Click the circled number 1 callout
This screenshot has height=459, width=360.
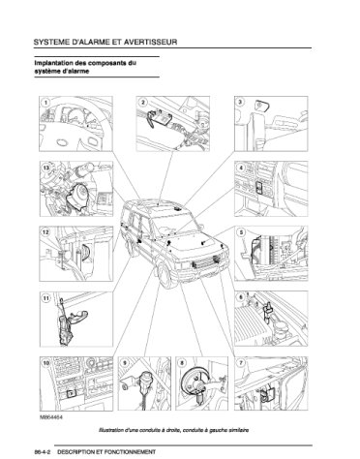[x=45, y=103]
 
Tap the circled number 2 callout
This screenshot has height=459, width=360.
[x=143, y=103]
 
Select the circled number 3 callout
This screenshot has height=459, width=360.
[x=241, y=103]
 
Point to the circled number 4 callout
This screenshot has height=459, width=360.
[x=241, y=168]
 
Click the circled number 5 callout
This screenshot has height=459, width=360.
[x=241, y=232]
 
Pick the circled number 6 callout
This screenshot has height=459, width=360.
[x=241, y=297]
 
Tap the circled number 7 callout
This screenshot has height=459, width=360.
[x=241, y=363]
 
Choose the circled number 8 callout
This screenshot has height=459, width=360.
[x=182, y=363]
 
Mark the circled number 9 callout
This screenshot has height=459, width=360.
[x=125, y=363]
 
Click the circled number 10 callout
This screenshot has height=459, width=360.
[x=46, y=363]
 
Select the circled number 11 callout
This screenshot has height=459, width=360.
[x=46, y=298]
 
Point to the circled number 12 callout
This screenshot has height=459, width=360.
[x=46, y=232]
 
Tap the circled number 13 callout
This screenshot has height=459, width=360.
[x=46, y=168]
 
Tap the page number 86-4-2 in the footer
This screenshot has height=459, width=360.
[x=42, y=452]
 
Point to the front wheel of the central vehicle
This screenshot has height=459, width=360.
[x=165, y=275]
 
